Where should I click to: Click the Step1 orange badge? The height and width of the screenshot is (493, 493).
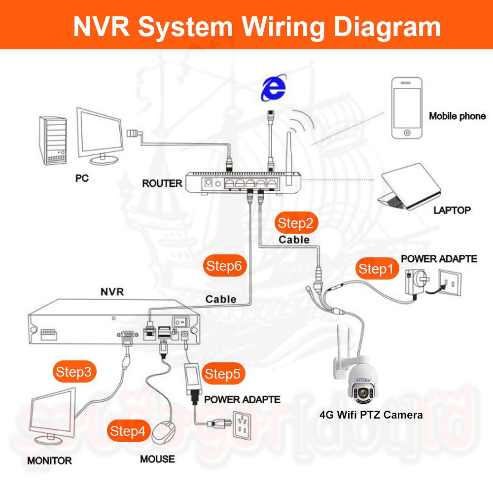[x=376, y=269]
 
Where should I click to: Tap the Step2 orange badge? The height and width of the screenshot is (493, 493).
[x=295, y=223]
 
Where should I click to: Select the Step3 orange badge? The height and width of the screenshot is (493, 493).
[x=74, y=372]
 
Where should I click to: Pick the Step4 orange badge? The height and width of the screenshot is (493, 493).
[x=128, y=431]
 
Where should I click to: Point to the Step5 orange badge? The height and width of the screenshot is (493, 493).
[x=222, y=374]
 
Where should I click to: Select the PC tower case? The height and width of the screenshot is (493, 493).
[x=53, y=141]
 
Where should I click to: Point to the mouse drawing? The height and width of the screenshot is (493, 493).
[x=164, y=433]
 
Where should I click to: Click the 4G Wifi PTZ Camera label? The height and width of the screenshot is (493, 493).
[x=371, y=415]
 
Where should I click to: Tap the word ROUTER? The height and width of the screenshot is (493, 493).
[x=162, y=183]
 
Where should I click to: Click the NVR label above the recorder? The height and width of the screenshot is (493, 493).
[x=112, y=292]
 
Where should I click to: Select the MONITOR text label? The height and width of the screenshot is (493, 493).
[x=49, y=461]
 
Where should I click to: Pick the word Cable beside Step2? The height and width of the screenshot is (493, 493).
[x=294, y=240]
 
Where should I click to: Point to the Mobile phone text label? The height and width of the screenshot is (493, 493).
[x=457, y=116]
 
